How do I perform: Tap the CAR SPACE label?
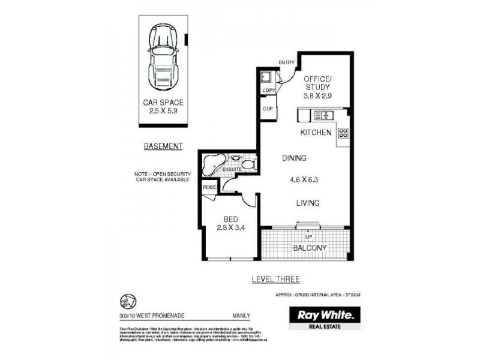pos(163,103)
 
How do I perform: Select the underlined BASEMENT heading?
pos(163,146)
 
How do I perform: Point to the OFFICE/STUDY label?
pos(317,84)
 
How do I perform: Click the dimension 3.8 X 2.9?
pos(317,95)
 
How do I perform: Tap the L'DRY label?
pos(268,91)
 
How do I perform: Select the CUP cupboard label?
pos(268,109)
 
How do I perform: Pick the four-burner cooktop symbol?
pos(344,134)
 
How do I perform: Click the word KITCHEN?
pos(316,132)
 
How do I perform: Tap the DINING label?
pos(295,158)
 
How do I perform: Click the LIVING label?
pos(307,203)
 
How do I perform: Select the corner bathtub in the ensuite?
pos(213,163)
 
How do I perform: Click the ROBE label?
pos(209,187)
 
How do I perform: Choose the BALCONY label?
pos(310,248)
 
